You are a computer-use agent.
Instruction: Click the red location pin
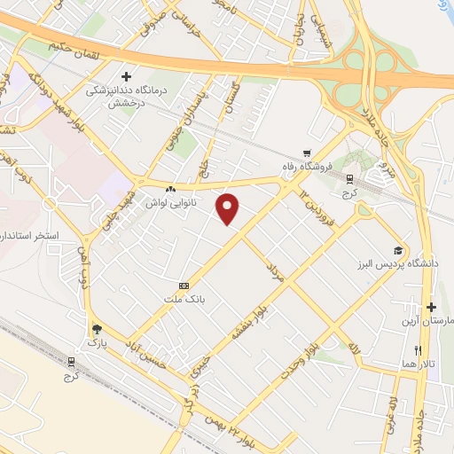click(x=230, y=209)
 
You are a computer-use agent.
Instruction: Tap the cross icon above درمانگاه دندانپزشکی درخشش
click(x=127, y=77)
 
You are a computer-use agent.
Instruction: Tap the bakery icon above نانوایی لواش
click(x=170, y=189)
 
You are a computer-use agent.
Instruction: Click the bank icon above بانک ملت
click(x=184, y=286)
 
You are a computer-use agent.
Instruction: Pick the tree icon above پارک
click(x=94, y=327)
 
